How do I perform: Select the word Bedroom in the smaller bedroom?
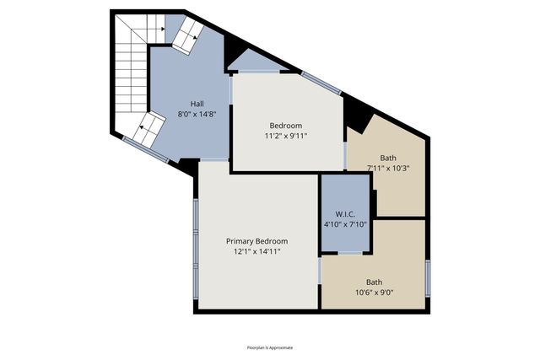click(x=285, y=126)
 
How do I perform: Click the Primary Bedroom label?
click(x=256, y=241)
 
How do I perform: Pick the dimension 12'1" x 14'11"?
click(x=256, y=250)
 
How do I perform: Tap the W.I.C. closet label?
click(x=343, y=214)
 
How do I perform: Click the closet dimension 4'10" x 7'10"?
click(x=343, y=224)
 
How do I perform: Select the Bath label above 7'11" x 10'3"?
click(x=388, y=158)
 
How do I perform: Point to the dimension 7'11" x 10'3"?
click(x=388, y=168)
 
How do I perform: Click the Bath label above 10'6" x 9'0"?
click(x=373, y=282)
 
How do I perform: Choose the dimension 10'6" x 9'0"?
click(x=373, y=293)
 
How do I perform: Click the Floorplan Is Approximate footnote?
click(x=270, y=347)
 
